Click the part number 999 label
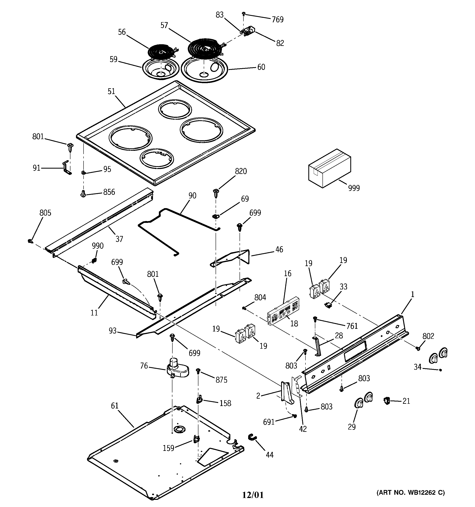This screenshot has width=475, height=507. (354, 188)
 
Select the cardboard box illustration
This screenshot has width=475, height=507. (329, 169)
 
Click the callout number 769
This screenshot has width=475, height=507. (277, 19)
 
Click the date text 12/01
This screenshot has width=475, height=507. (252, 495)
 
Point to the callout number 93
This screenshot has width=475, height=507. (112, 331)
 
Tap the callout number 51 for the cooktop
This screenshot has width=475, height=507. (111, 91)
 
